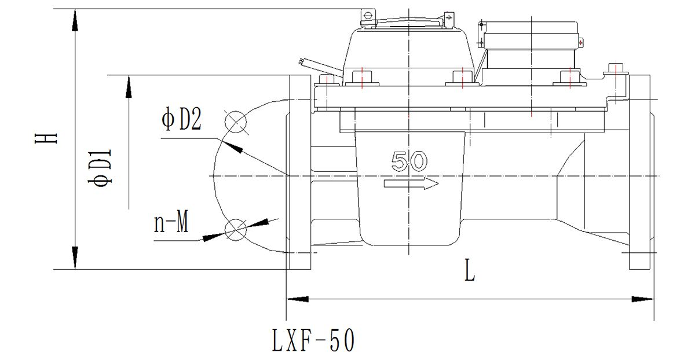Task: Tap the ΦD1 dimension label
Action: pyautogui.click(x=100, y=167)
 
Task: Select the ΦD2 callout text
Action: pyautogui.click(x=181, y=119)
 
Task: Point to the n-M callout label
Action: pyautogui.click(x=171, y=222)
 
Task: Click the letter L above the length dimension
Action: pyautogui.click(x=470, y=270)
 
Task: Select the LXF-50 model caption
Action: pyautogui.click(x=313, y=340)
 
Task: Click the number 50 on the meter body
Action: pyautogui.click(x=409, y=161)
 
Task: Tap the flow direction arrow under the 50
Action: pyautogui.click(x=411, y=183)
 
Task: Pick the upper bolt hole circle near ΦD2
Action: pyautogui.click(x=236, y=122)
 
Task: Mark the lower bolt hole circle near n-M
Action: pyautogui.click(x=236, y=230)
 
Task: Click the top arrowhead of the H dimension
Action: pyautogui.click(x=75, y=20)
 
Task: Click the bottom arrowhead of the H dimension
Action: pyautogui.click(x=75, y=258)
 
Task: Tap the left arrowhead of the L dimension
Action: pyautogui.click(x=297, y=299)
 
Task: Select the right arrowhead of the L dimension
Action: pyautogui.click(x=642, y=299)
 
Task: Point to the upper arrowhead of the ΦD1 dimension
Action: pyautogui.click(x=129, y=86)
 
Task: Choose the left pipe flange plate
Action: pyautogui.click(x=300, y=172)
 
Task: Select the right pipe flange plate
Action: pyautogui.click(x=639, y=172)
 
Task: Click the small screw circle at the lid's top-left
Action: pyautogui.click(x=368, y=15)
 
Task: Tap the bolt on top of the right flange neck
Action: pyautogui.click(x=616, y=70)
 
